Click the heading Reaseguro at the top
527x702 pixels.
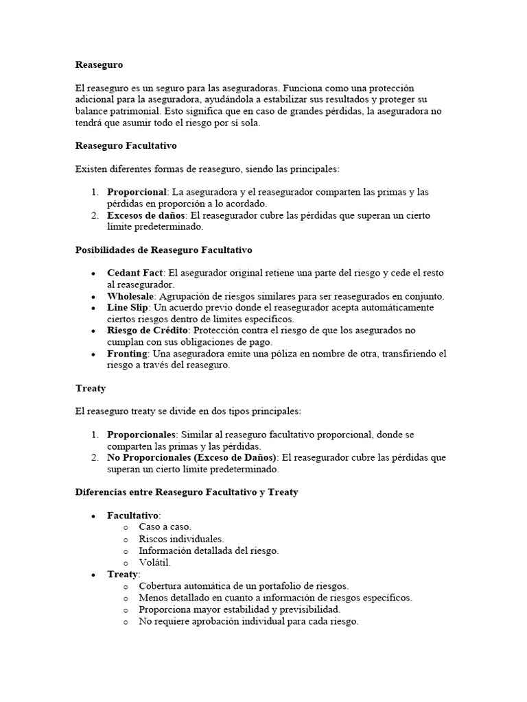pos(99,64)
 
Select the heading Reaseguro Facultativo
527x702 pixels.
pos(126,145)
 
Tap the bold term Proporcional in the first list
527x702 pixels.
pos(137,192)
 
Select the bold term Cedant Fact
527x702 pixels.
pos(134,273)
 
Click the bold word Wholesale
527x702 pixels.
pos(130,296)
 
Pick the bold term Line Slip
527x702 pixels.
pos(127,308)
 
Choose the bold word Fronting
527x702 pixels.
pos(127,354)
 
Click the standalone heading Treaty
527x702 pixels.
pos(91,388)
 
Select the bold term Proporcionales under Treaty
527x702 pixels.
pos(141,435)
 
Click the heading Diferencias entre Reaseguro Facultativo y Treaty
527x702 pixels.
pos(187,492)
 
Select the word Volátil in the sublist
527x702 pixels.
pos(154,562)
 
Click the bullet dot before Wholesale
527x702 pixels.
pos(93,297)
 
